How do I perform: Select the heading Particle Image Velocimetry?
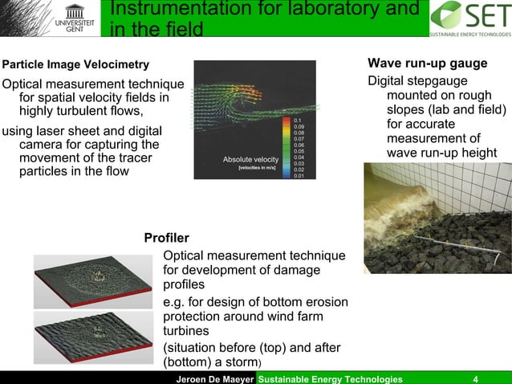tap(75, 64)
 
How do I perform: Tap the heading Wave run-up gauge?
tap(427, 63)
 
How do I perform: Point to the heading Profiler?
tap(166, 238)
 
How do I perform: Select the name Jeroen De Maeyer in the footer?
tap(213, 378)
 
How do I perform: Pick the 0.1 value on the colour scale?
tap(299, 120)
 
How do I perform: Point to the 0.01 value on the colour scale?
tap(299, 175)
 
